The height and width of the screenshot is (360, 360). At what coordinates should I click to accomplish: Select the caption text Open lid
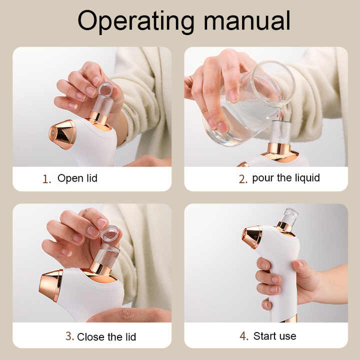pyautogui.click(x=77, y=178)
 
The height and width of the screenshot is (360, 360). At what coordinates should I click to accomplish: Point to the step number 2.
pyautogui.click(x=243, y=179)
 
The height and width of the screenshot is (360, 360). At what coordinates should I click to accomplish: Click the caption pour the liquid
pyautogui.click(x=286, y=178)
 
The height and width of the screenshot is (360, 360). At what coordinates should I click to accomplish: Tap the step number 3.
pyautogui.click(x=69, y=336)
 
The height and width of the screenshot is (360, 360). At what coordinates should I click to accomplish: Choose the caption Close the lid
pyautogui.click(x=106, y=336)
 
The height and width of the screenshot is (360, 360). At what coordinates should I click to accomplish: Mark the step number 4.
pyautogui.click(x=244, y=336)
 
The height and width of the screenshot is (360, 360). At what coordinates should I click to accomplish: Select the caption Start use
pyautogui.click(x=274, y=336)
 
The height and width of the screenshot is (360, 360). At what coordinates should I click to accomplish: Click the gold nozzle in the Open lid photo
pyautogui.click(x=63, y=134)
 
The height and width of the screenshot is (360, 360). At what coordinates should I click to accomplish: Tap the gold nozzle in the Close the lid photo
pyautogui.click(x=51, y=285)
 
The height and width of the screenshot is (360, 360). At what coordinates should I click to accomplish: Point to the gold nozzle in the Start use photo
pyautogui.click(x=252, y=236)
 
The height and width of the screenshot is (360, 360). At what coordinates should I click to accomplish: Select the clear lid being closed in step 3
pyautogui.click(x=109, y=233)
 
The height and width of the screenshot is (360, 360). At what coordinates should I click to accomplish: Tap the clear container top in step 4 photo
pyautogui.click(x=289, y=216)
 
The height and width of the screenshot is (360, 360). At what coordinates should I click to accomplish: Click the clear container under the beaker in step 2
pyautogui.click(x=280, y=132)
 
